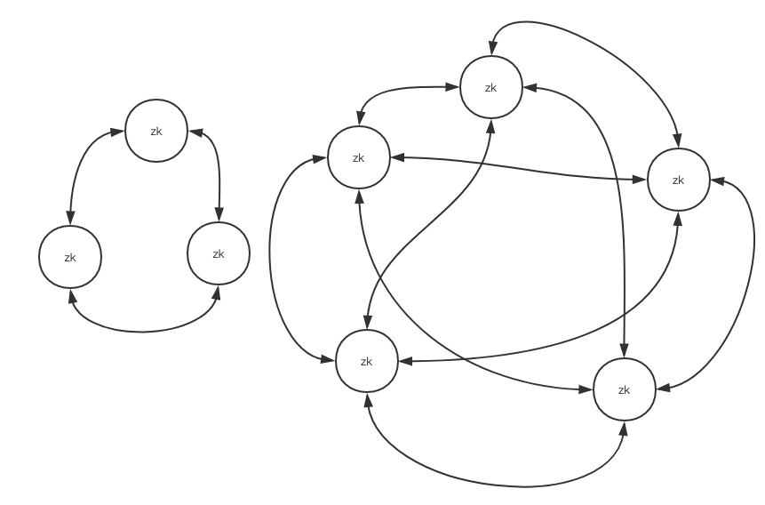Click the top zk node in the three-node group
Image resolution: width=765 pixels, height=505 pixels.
click(156, 131)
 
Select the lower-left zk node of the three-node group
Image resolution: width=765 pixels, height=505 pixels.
click(70, 257)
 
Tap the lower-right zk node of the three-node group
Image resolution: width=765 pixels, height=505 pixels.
click(219, 253)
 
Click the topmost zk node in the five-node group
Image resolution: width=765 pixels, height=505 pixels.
click(490, 87)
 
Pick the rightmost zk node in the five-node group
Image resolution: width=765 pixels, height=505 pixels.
click(679, 180)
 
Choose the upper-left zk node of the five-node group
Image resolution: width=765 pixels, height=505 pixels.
click(359, 158)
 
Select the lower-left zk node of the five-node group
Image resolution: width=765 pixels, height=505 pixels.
click(367, 361)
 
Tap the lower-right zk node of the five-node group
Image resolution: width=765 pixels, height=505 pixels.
click(624, 389)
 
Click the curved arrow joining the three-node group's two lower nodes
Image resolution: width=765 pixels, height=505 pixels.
click(142, 331)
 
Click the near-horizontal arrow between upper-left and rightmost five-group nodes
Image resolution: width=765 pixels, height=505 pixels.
click(515, 168)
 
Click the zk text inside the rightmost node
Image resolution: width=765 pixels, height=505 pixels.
click(679, 180)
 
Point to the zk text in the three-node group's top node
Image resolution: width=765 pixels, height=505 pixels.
click(156, 131)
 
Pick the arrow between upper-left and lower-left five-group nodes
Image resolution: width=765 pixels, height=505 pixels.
click(276, 258)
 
